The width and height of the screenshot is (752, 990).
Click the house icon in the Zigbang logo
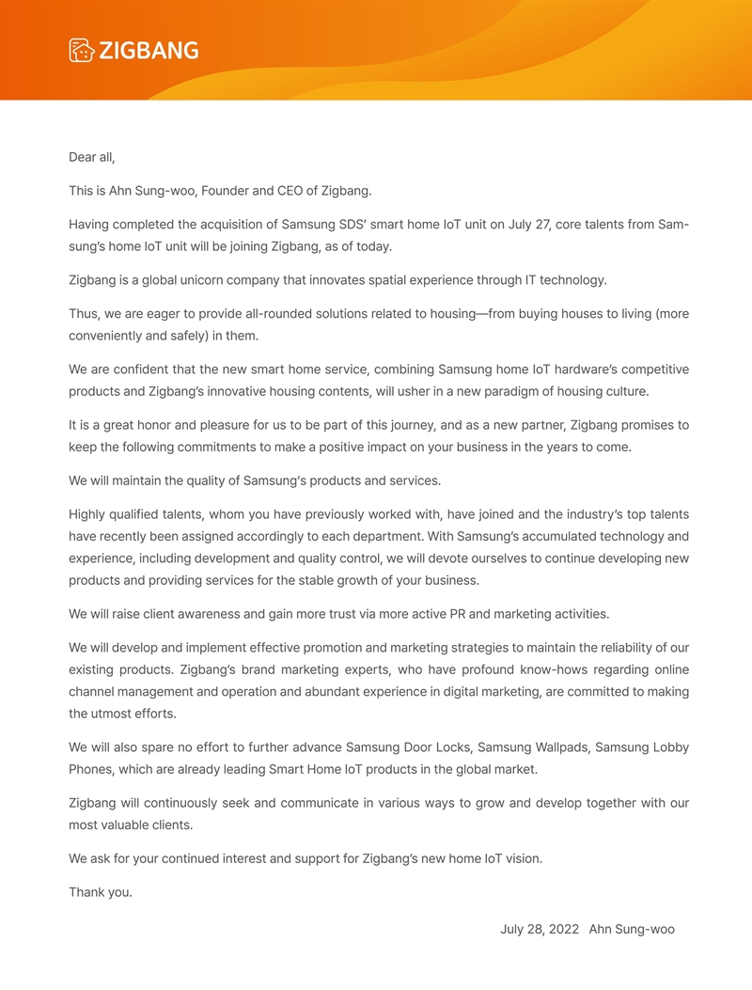(x=82, y=51)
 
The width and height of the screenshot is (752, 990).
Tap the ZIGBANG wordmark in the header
(x=149, y=51)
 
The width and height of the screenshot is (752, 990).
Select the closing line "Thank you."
(x=101, y=892)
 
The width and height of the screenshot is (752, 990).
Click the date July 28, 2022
(x=540, y=929)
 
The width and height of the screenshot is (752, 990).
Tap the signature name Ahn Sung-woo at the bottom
(x=632, y=929)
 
